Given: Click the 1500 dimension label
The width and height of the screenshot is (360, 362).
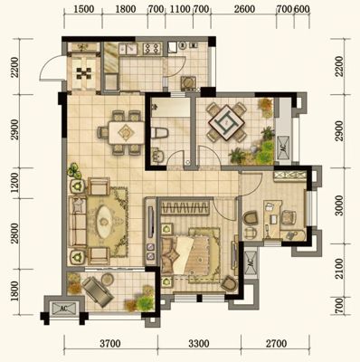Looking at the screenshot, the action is [x=83, y=9].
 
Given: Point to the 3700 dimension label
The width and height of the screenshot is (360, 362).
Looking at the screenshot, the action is [x=110, y=344].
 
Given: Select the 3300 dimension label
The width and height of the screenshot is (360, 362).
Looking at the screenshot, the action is [x=199, y=344].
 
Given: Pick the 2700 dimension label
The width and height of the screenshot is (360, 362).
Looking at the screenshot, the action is [x=276, y=344].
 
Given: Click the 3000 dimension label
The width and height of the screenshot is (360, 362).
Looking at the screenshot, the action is [x=339, y=205].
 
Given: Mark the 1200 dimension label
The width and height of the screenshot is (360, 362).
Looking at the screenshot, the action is [x=14, y=184].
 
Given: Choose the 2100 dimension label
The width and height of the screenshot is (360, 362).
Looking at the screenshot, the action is [x=339, y=269].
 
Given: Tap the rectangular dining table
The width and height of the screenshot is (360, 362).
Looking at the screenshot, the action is [x=127, y=132].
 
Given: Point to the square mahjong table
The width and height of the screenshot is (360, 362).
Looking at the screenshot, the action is [x=227, y=122].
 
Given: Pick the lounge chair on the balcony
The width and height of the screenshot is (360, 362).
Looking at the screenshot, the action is [x=98, y=291].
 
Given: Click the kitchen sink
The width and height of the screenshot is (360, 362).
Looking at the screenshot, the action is [x=128, y=49].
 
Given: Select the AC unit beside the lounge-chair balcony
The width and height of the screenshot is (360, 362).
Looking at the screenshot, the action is [x=63, y=308].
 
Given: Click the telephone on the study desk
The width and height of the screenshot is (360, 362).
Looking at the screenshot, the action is [x=291, y=234].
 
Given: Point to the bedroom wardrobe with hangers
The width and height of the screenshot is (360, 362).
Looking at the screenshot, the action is [x=185, y=207].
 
